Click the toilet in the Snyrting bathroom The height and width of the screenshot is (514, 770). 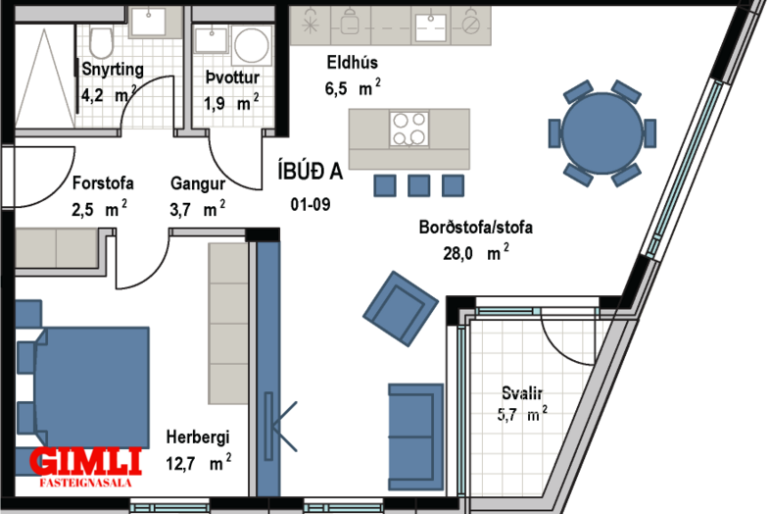click(102, 42)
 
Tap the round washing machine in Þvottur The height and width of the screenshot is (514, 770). click(252, 45)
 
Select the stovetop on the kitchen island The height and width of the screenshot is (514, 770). click(409, 129)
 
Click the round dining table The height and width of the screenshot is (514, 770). click(602, 133)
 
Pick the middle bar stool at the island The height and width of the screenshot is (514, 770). click(419, 186)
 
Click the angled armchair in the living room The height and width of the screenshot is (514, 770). click(401, 308)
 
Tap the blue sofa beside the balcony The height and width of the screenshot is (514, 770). click(416, 437)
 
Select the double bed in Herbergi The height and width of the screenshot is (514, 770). click(82, 387)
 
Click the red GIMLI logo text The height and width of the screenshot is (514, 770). click(85, 461)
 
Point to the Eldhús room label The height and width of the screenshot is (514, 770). click(353, 63)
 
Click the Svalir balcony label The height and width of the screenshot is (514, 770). click(522, 393)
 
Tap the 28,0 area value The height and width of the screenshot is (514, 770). click(457, 254)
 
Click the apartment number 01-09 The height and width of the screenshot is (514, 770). click(311, 204)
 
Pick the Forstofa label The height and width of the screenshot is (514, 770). click(103, 183)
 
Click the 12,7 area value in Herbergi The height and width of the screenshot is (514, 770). click(180, 463)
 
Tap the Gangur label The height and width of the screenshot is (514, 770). click(198, 184)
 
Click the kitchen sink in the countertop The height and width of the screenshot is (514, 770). click(431, 27)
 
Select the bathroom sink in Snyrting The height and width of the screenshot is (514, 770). click(148, 23)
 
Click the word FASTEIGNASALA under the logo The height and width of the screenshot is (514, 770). click(85, 483)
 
